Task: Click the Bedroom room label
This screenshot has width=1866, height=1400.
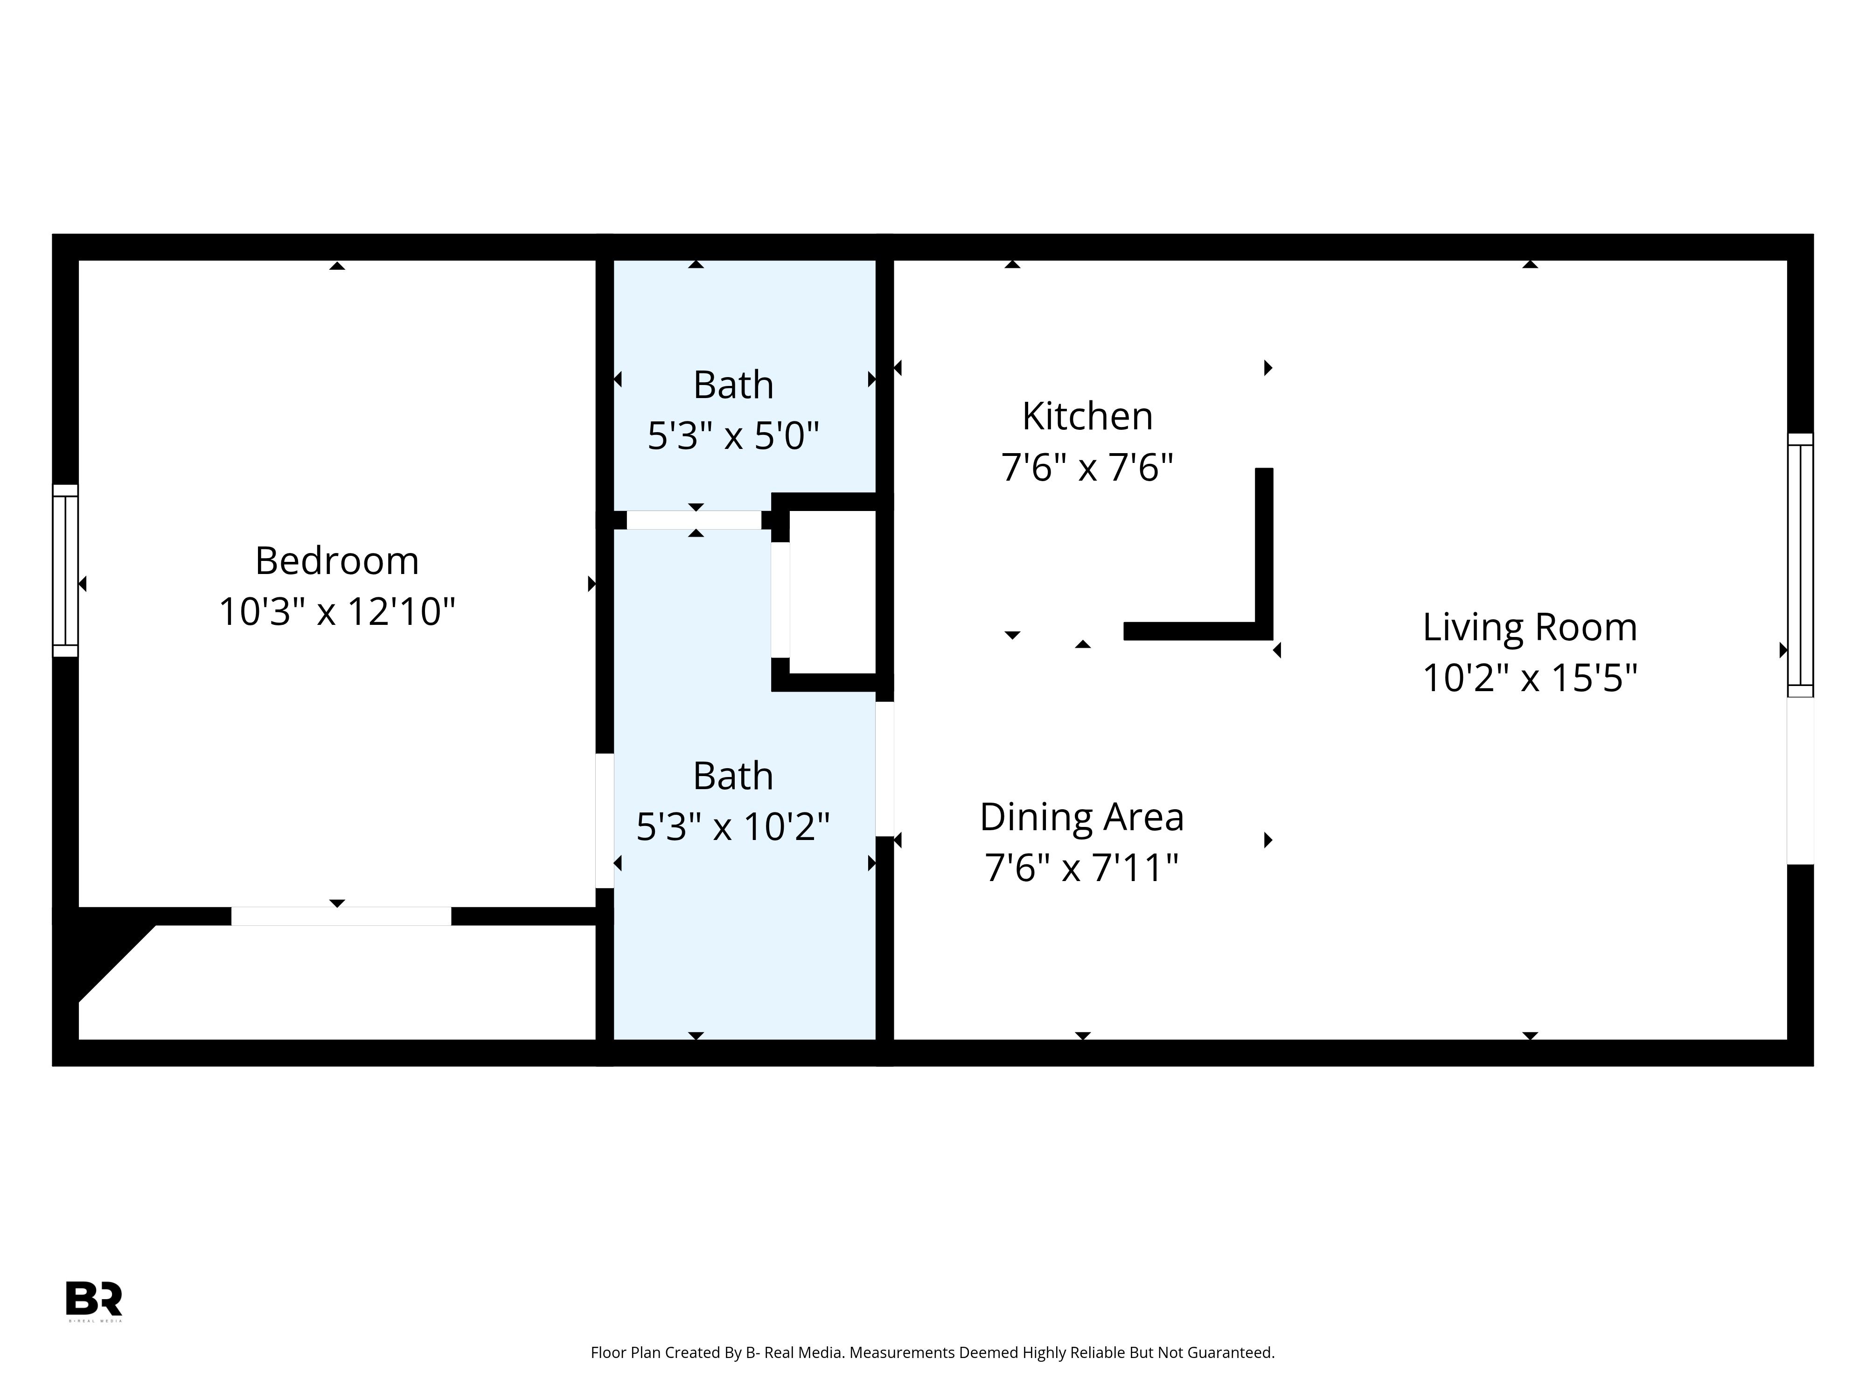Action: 337,561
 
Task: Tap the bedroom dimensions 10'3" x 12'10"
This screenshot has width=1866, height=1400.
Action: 337,612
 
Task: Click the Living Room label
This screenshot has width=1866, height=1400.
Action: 1529,627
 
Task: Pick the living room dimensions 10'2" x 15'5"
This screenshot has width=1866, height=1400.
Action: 1529,678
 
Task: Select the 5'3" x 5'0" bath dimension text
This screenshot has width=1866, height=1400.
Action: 733,436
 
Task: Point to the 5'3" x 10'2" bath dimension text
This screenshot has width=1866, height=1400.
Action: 733,826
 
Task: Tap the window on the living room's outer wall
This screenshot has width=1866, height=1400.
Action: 1800,566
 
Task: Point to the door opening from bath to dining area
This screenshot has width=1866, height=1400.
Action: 884,769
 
